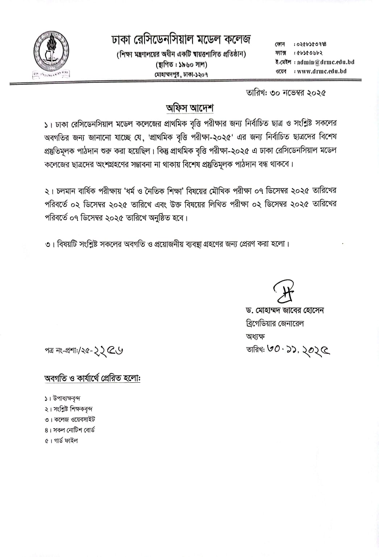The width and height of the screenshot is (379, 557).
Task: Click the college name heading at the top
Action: point(181,39)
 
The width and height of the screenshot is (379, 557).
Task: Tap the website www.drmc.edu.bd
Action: point(322,71)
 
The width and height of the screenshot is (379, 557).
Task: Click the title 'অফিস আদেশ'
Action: point(189,108)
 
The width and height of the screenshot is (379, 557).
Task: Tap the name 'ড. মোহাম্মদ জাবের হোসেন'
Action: point(284,310)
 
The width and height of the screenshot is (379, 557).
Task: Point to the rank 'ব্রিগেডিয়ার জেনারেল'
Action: point(275,323)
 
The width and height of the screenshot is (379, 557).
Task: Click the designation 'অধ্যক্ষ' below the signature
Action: point(255,336)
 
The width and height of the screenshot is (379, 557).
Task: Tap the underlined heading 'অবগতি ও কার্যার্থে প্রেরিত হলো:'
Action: point(92,378)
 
